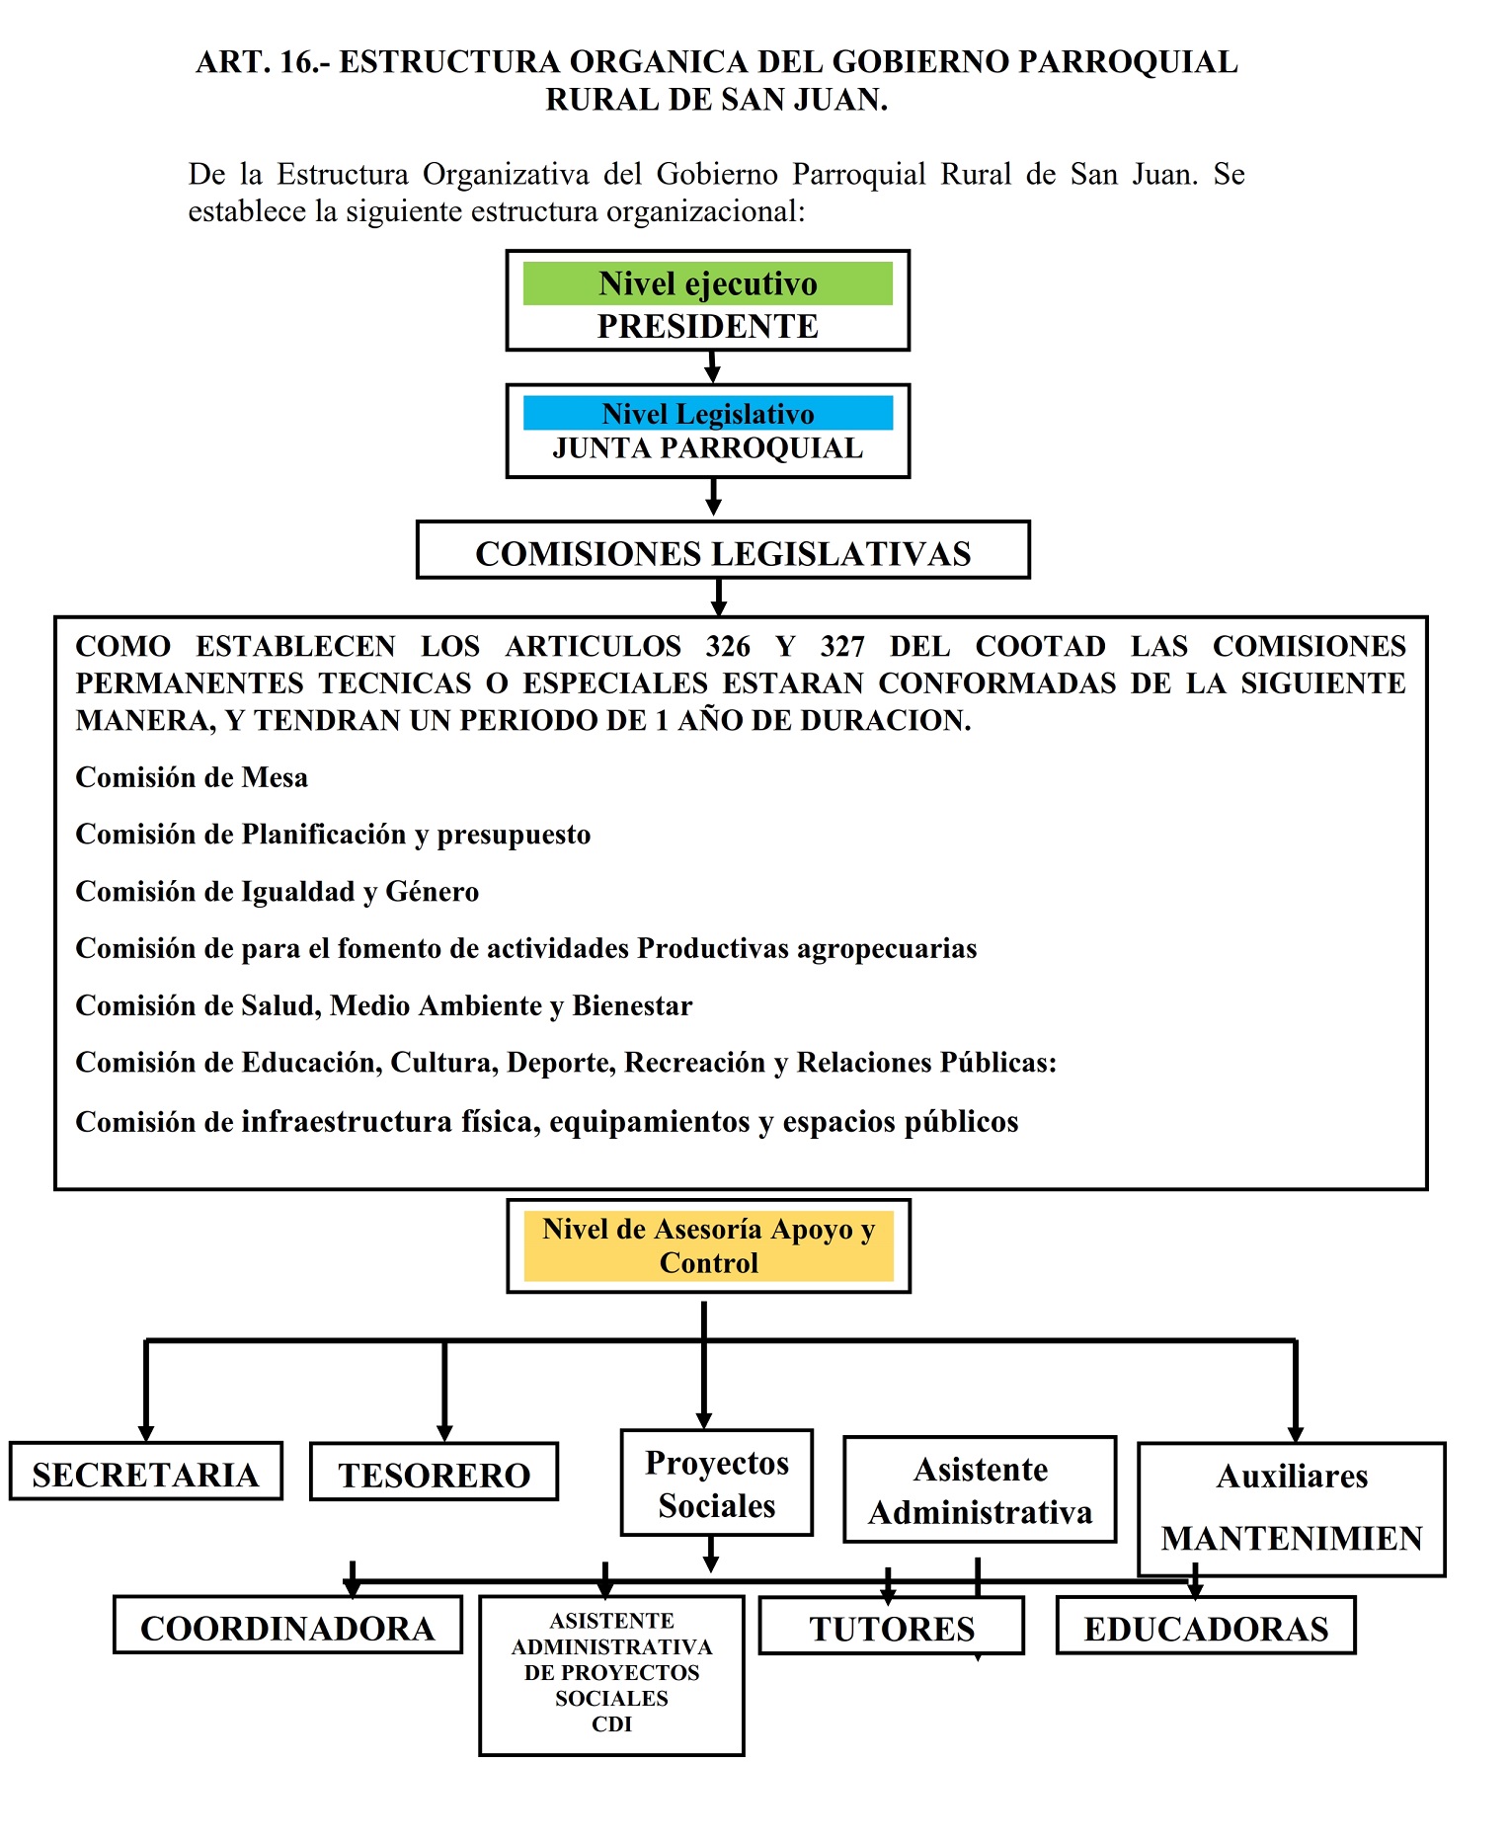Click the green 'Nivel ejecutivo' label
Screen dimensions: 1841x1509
(707, 283)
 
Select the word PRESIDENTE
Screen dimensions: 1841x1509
(707, 326)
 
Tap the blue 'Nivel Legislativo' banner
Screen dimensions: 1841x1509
(707, 413)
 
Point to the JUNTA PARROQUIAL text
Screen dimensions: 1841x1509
(707, 448)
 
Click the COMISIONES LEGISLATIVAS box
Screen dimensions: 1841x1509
(723, 552)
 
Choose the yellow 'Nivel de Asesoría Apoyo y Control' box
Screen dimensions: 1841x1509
(708, 1246)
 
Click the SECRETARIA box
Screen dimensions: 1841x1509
(145, 1474)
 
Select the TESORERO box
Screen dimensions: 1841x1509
(434, 1475)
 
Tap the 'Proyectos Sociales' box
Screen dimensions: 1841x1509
(716, 1483)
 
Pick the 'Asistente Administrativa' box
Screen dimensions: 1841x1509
(980, 1490)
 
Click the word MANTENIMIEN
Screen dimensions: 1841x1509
(1292, 1538)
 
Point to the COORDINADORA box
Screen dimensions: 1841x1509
(287, 1628)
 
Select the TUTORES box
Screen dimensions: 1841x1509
(891, 1628)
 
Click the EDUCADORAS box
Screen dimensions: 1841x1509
(1206, 1628)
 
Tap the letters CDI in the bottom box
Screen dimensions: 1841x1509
(611, 1724)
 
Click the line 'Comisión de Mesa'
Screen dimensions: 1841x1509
(192, 777)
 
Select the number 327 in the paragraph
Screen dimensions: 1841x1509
(841, 646)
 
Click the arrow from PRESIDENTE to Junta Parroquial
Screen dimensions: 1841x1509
(712, 367)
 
